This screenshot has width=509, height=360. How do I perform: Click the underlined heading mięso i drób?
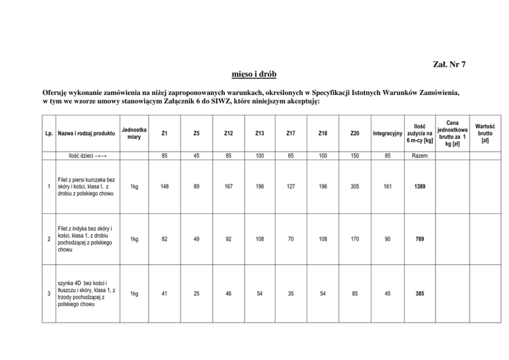(x=254, y=74)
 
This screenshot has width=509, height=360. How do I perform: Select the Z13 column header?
(x=260, y=134)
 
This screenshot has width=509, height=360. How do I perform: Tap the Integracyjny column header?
(x=387, y=134)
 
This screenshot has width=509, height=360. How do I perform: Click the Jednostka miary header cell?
(x=134, y=134)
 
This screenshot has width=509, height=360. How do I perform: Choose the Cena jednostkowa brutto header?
(x=452, y=134)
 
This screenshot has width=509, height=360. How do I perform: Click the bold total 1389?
(x=420, y=186)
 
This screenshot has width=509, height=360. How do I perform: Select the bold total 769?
(x=420, y=239)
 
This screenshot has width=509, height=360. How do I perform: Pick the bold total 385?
(x=420, y=294)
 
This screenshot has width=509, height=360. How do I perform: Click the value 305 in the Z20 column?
(x=355, y=186)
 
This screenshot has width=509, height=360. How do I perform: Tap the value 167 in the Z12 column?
(x=228, y=186)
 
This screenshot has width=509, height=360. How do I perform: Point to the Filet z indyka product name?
(x=86, y=239)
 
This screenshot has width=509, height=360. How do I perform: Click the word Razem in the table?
(x=420, y=156)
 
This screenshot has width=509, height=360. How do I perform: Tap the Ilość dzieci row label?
(x=86, y=156)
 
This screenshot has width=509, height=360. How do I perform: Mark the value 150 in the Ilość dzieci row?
(x=355, y=156)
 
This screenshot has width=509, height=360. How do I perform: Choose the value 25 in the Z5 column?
(x=197, y=294)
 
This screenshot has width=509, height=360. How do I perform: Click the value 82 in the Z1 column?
(x=164, y=239)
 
